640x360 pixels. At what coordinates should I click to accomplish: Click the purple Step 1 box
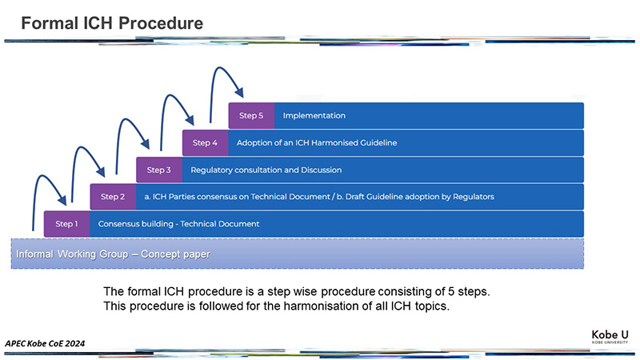(x=67, y=224)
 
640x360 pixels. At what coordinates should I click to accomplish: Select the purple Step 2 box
(x=113, y=197)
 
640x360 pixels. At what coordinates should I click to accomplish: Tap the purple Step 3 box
(x=159, y=170)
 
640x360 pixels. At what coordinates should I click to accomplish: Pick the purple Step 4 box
(x=206, y=143)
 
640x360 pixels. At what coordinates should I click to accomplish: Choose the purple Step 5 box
(x=251, y=115)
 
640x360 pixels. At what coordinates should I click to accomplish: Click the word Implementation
(x=314, y=115)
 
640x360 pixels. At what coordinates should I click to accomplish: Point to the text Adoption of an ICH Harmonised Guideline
(x=317, y=143)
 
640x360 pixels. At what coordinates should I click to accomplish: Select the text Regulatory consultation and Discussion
(x=266, y=170)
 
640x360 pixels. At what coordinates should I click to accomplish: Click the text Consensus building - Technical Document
(x=178, y=224)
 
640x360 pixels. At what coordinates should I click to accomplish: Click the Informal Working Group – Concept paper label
(x=113, y=254)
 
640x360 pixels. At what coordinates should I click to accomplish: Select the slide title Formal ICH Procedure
(x=112, y=23)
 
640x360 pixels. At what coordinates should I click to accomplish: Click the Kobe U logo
(x=610, y=337)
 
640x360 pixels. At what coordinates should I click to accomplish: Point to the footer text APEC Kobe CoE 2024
(x=45, y=343)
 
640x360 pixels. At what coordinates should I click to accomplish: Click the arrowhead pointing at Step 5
(x=240, y=93)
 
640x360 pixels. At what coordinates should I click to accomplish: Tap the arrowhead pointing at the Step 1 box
(x=62, y=200)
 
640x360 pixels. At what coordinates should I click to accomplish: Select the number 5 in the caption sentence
(x=451, y=291)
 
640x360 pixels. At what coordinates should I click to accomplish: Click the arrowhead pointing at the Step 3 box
(x=146, y=144)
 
